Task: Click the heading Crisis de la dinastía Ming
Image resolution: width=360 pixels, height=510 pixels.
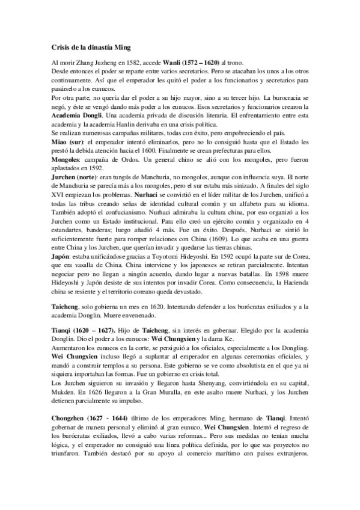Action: click(91, 47)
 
